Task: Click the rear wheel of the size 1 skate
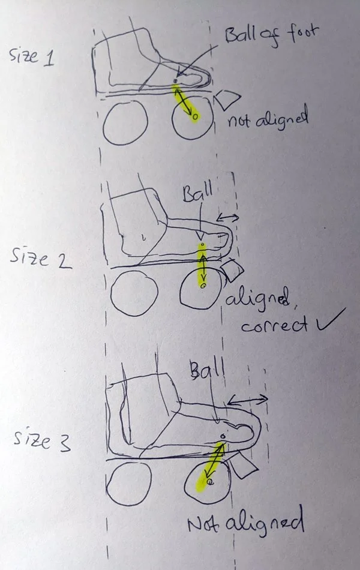125,122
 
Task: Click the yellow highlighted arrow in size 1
186,102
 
